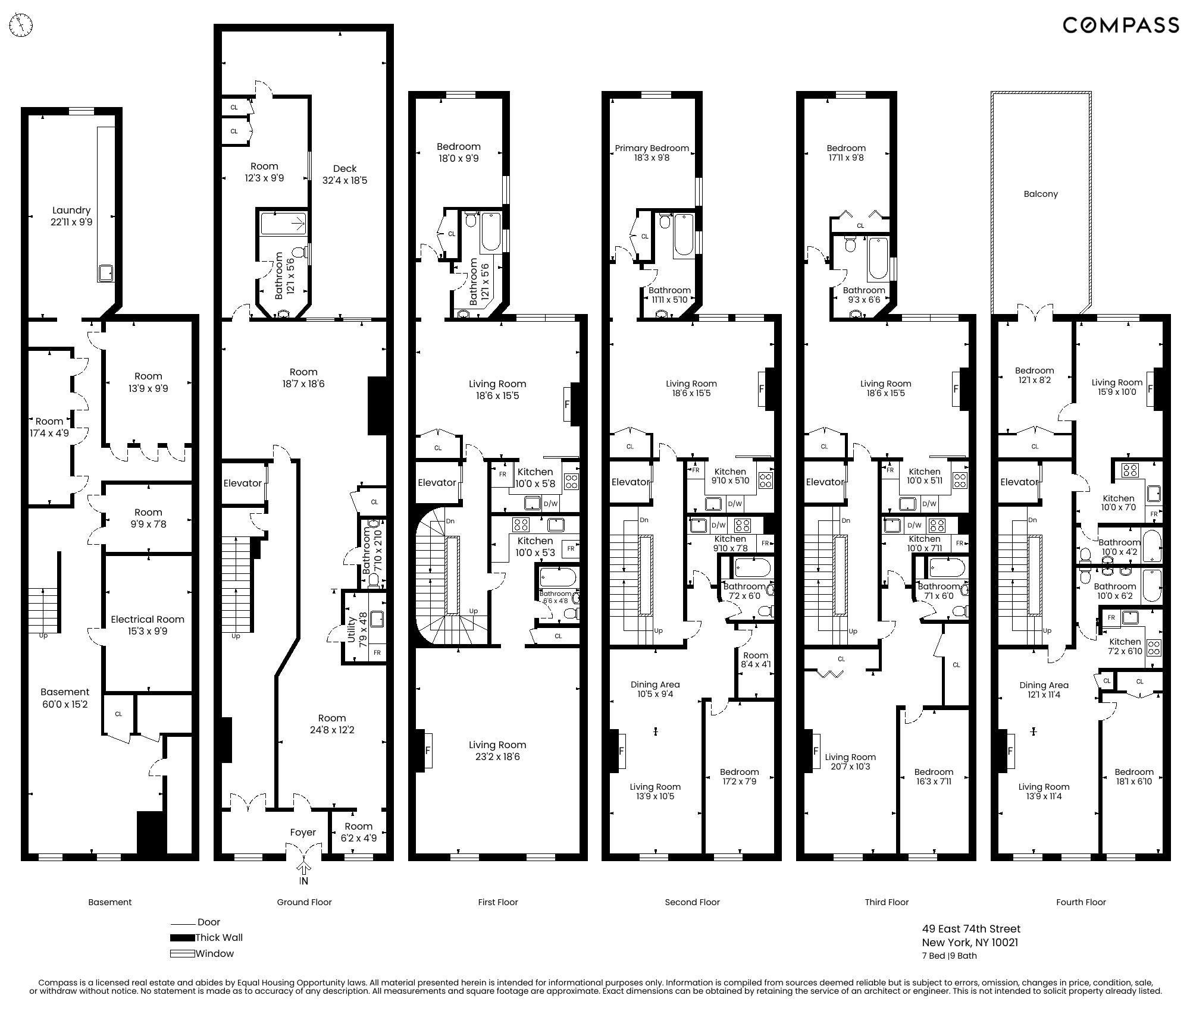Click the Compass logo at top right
click(1120, 25)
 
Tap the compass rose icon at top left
click(21, 25)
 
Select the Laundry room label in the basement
click(71, 216)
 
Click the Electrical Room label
click(148, 625)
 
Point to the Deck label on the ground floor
click(345, 174)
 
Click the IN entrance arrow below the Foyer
click(304, 874)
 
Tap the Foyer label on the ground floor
click(303, 833)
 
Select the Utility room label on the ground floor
click(351, 630)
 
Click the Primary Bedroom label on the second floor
click(652, 153)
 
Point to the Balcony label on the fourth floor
click(1041, 194)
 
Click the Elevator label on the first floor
click(437, 482)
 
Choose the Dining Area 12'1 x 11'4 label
click(1044, 690)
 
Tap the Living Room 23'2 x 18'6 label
click(497, 751)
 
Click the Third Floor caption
click(887, 902)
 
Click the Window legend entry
click(214, 954)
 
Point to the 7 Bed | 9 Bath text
click(949, 956)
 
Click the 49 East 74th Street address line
click(971, 929)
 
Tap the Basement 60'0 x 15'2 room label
click(65, 698)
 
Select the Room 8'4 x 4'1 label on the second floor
click(756, 660)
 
